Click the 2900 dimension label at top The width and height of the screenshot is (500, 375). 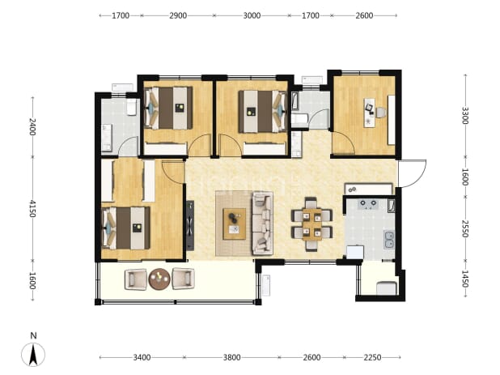pyautogui.click(x=178, y=15)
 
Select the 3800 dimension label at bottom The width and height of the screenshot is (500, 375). pyautogui.click(x=232, y=357)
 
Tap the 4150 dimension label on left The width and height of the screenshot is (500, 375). pyautogui.click(x=32, y=208)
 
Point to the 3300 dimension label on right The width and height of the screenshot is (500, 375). pyautogui.click(x=465, y=115)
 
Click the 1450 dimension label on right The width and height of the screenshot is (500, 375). pyautogui.click(x=465, y=279)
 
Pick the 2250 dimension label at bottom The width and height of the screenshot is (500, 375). pyautogui.click(x=372, y=357)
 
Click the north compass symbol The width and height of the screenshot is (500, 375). pyautogui.click(x=33, y=355)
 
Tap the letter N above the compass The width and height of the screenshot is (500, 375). pyautogui.click(x=33, y=335)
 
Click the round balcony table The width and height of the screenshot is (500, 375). pyautogui.click(x=159, y=279)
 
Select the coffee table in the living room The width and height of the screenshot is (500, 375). pyautogui.click(x=235, y=224)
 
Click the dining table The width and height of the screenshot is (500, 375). pyautogui.click(x=311, y=224)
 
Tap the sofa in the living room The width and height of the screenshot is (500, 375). pyautogui.click(x=262, y=223)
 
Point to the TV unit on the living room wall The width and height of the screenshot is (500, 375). pyautogui.click(x=190, y=225)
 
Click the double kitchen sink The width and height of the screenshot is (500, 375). pyautogui.click(x=389, y=240)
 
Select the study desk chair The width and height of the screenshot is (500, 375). pyautogui.click(x=381, y=113)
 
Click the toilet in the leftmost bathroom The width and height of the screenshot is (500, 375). pyautogui.click(x=131, y=107)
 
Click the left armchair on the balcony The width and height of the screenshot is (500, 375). pyautogui.click(x=136, y=279)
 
